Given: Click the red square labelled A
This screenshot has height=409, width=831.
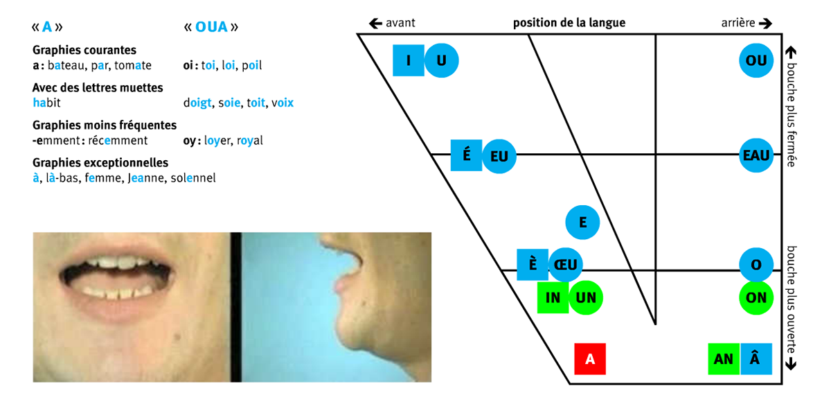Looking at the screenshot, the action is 590,359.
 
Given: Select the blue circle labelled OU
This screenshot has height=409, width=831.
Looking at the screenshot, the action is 756,61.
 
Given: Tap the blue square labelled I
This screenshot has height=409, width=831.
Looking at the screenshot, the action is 409,60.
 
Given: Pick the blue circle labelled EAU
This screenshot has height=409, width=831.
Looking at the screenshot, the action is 756,156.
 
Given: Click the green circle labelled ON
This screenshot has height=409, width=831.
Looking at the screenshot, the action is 756,297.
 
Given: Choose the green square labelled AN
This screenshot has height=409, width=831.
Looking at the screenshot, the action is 724,359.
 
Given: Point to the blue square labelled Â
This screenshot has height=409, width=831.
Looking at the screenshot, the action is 756,359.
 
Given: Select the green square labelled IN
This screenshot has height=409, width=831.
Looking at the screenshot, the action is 553,297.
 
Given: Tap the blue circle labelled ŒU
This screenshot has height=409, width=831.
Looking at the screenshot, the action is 566,264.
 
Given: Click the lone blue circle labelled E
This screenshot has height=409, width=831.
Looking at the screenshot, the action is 582,223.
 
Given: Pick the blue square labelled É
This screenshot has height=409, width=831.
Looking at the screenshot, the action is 467,155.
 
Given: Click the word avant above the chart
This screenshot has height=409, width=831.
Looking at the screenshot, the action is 400,23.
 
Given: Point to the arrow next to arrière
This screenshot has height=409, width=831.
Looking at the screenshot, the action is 765,23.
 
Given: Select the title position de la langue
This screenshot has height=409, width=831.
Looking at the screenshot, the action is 569,23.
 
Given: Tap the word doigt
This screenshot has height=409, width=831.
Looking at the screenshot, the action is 198,103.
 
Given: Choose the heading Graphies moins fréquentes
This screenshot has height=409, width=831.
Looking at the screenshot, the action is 105,125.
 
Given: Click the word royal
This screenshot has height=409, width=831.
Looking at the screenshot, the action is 249,141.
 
